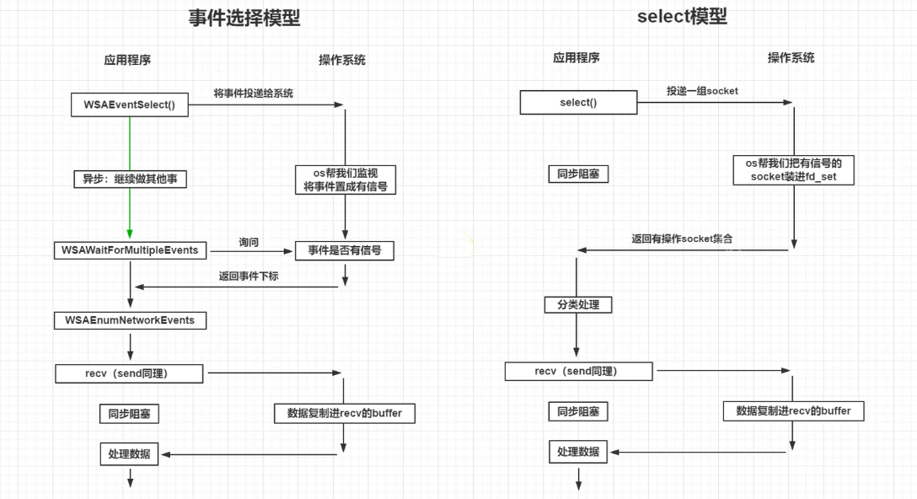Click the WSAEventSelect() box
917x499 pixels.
pos(129,105)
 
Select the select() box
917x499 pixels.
pos(578,103)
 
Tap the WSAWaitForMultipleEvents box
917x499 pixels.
pos(130,250)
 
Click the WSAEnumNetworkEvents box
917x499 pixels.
pos(130,320)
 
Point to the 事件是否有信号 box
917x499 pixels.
pos(344,250)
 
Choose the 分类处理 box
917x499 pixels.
pos(578,304)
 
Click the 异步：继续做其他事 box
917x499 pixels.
pos(130,179)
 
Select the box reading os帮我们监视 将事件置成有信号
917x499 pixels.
pos(346,180)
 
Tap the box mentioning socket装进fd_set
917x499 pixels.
pos(794,170)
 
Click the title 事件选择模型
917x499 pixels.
pos(244,18)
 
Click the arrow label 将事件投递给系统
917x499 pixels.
pos(254,93)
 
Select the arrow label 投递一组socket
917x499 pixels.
pos(702,91)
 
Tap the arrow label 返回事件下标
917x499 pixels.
pos(249,276)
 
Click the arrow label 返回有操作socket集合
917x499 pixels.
pos(683,239)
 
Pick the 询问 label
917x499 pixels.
pos(249,242)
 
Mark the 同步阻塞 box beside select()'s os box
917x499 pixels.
pos(578,174)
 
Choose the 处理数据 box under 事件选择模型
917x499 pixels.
pos(130,453)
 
